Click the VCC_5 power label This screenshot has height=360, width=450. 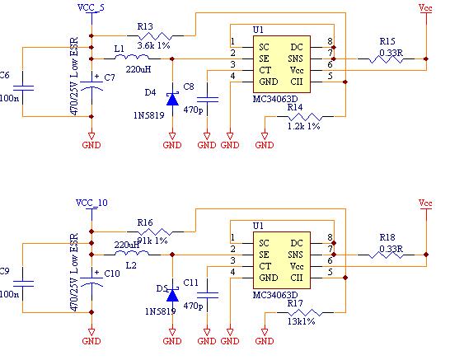tap(91, 7)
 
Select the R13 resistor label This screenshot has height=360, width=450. tap(145, 26)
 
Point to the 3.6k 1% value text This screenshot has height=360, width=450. tap(152, 45)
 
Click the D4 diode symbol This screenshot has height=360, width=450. tap(171, 99)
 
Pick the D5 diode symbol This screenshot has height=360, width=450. tap(171, 294)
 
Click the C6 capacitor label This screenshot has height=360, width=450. tap(5, 75)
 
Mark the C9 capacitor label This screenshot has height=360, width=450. tap(5, 270)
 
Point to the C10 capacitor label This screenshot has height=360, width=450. tap(112, 272)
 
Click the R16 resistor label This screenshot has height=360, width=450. tap(145, 222)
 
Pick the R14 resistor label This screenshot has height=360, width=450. tap(294, 107)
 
